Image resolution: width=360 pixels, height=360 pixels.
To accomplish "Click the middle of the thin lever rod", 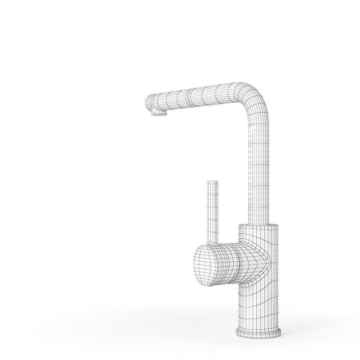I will tap(213, 212).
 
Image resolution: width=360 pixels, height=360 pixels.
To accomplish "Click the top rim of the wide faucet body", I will tap(259, 225).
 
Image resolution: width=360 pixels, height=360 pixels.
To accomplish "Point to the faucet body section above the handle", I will tap(259, 232).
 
